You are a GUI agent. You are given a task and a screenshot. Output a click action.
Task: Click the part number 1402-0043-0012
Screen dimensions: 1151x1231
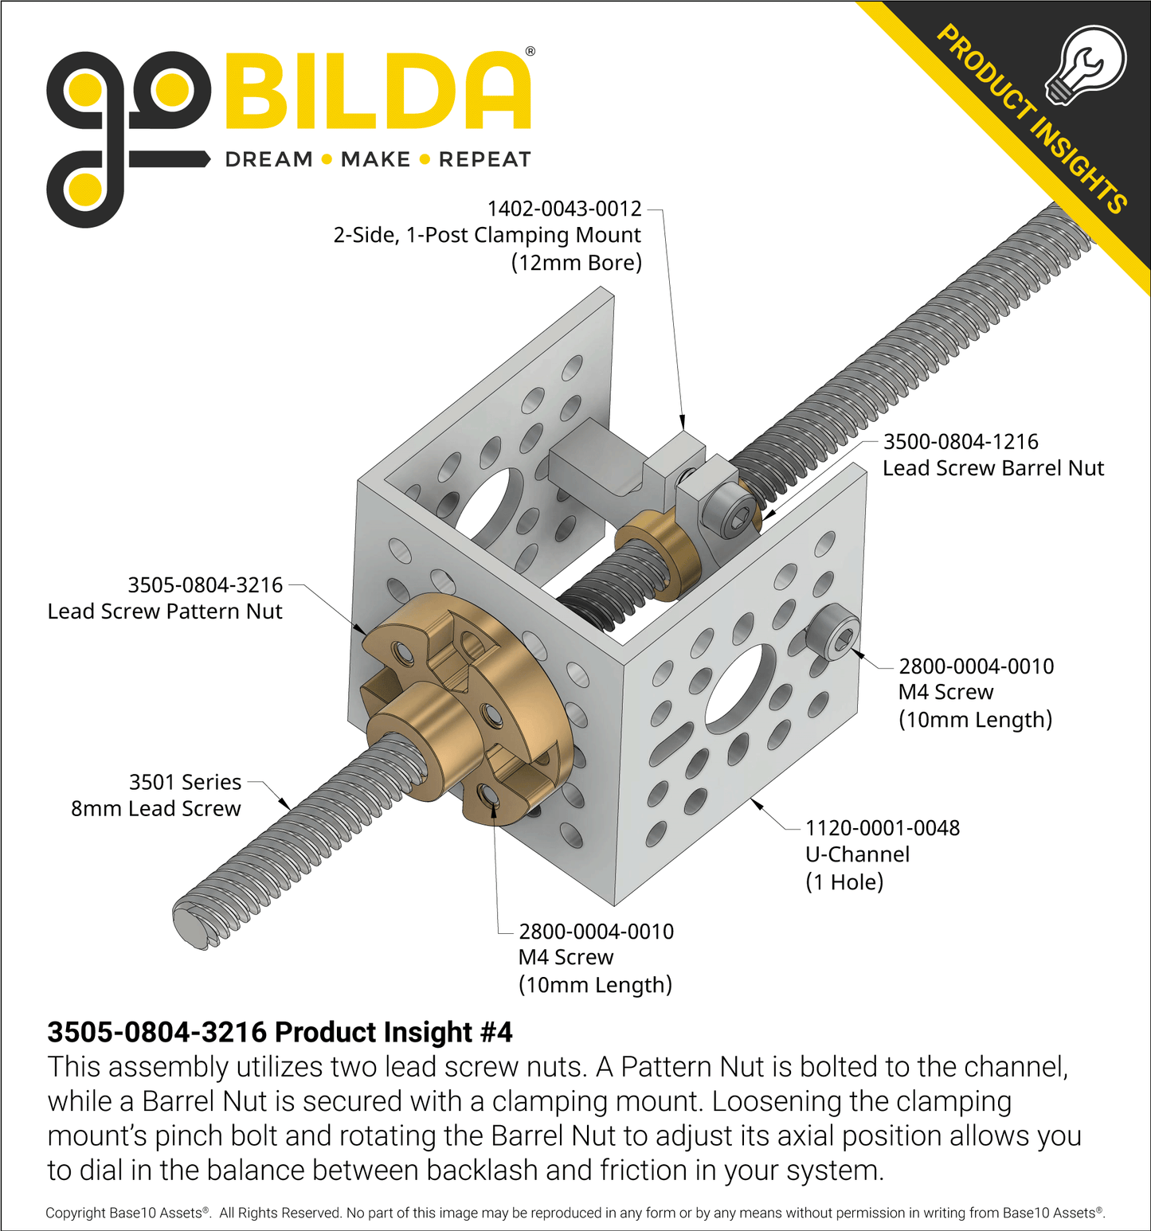point(564,209)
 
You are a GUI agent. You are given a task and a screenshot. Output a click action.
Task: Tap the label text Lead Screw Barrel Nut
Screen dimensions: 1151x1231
point(993,468)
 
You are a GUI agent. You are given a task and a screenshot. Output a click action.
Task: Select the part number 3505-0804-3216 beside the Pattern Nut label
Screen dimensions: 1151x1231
point(206,585)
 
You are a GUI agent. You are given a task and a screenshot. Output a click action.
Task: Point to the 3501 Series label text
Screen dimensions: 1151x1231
point(185,782)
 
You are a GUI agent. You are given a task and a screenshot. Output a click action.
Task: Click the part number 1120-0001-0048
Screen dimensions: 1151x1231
point(883,828)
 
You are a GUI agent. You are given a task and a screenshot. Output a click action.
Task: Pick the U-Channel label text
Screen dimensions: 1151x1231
point(857,854)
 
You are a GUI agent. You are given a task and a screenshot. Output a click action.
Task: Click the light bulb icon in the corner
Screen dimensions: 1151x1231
point(1085,65)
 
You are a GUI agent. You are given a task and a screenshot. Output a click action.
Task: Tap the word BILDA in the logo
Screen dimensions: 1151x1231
point(378,90)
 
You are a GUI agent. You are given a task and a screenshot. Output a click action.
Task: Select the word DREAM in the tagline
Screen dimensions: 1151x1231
point(269,159)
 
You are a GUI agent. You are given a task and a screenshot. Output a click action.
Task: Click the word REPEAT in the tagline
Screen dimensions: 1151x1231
point(484,159)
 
